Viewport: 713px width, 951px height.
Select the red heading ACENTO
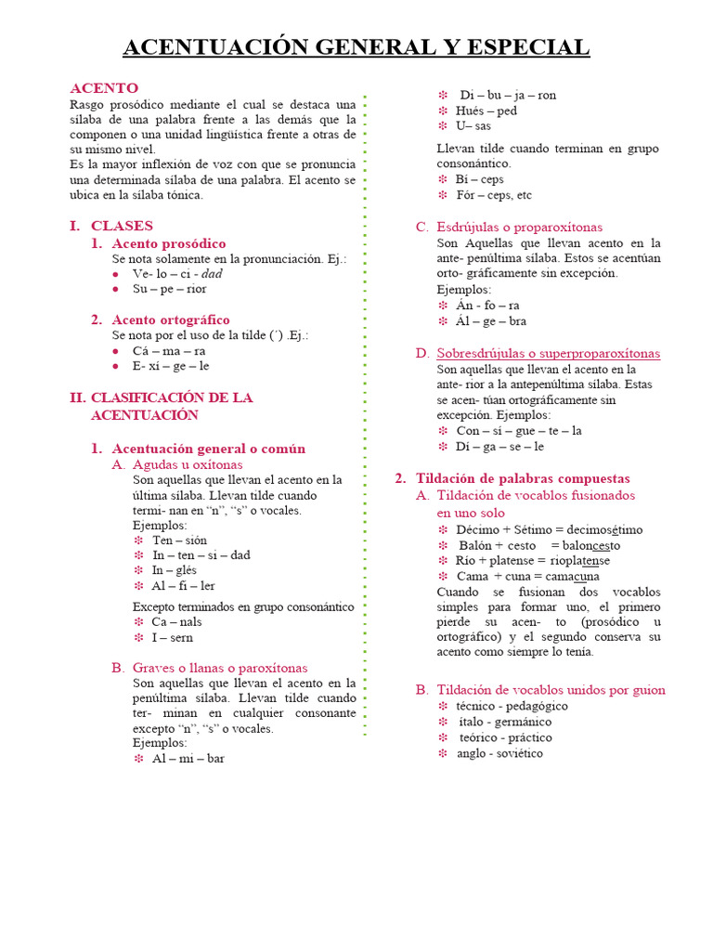tap(104, 88)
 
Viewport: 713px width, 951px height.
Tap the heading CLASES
tap(122, 226)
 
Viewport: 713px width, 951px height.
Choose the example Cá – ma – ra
tap(169, 351)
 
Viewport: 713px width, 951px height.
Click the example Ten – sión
tap(180, 540)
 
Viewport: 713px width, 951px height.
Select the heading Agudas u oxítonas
tap(188, 464)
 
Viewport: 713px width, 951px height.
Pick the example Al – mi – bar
tap(188, 758)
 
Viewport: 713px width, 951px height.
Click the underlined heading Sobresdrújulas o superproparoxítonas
tap(548, 353)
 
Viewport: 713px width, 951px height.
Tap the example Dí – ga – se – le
tap(499, 446)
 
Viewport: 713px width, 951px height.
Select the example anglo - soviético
tap(499, 753)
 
